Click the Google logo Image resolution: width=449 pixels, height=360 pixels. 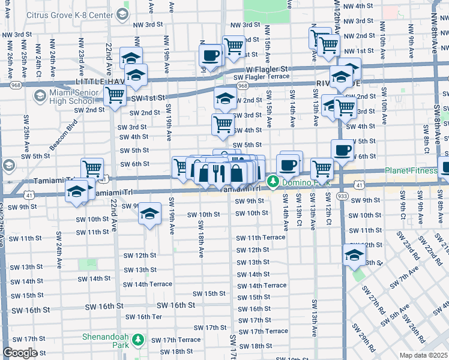click(20, 353)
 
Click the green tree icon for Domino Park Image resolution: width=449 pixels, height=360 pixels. click(273, 180)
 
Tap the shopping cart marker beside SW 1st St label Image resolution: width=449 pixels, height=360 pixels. click(115, 95)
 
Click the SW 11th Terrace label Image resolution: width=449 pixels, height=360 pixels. click(260, 238)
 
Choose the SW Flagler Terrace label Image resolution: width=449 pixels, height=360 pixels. click(261, 77)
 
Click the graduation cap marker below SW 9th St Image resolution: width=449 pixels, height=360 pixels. click(149, 214)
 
